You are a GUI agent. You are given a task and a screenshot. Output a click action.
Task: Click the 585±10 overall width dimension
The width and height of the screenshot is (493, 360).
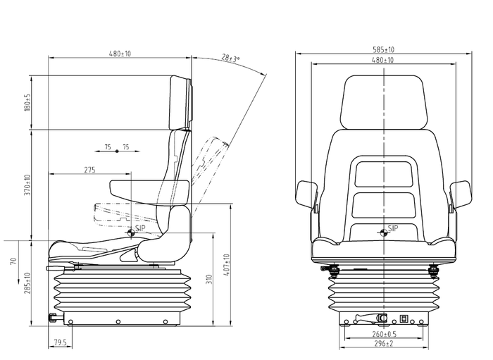tap(384, 49)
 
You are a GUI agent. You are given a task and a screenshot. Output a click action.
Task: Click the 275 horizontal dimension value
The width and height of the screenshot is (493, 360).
tap(90, 170)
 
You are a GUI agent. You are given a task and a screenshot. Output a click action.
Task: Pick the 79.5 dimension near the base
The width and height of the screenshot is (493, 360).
tap(61, 345)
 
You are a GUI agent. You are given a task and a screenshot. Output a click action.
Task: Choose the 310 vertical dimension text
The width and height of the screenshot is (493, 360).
tap(209, 282)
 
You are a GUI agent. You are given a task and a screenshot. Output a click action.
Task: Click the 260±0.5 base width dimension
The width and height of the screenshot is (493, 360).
tap(384, 334)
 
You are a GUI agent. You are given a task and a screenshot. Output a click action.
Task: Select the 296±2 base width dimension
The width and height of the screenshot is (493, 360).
tap(384, 345)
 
